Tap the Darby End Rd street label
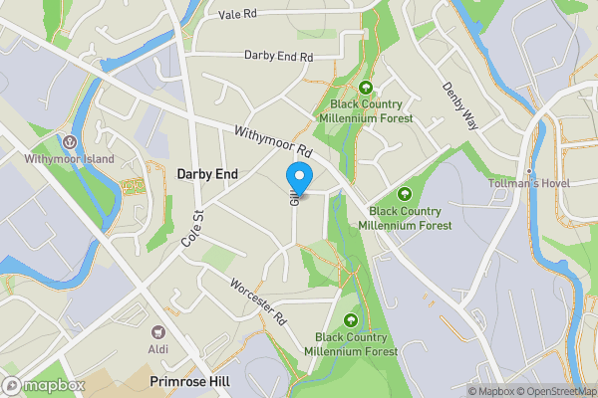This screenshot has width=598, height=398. (278, 56)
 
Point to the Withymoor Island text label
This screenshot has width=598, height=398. (70, 158)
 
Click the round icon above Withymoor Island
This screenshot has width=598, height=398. (70, 141)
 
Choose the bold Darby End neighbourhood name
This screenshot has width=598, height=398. (207, 174)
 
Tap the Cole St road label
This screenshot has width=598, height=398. (192, 229)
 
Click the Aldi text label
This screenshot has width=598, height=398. (157, 348)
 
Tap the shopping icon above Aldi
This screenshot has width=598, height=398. (157, 332)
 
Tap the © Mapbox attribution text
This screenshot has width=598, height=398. (491, 391)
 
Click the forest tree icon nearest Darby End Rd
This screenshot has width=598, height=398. (366, 88)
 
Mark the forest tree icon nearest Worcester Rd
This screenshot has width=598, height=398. (351, 319)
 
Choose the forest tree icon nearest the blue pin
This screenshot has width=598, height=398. (405, 193)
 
